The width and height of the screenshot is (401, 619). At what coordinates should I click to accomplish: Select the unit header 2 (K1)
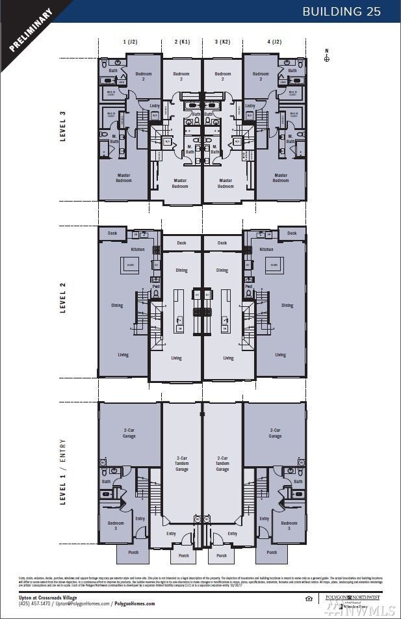click(182, 42)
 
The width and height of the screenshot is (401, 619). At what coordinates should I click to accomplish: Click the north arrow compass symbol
click(327, 57)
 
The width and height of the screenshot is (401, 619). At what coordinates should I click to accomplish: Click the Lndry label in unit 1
click(155, 105)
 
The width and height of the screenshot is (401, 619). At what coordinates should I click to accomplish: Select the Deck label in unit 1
click(112, 233)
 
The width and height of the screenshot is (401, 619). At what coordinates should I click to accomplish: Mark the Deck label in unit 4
click(292, 233)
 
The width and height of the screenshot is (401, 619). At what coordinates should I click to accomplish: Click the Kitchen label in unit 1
click(138, 249)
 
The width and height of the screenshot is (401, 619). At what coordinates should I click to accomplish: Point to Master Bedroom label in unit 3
click(226, 183)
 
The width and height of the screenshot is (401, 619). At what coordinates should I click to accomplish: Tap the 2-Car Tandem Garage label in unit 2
click(182, 463)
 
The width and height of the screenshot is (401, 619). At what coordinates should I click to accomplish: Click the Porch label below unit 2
click(183, 555)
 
